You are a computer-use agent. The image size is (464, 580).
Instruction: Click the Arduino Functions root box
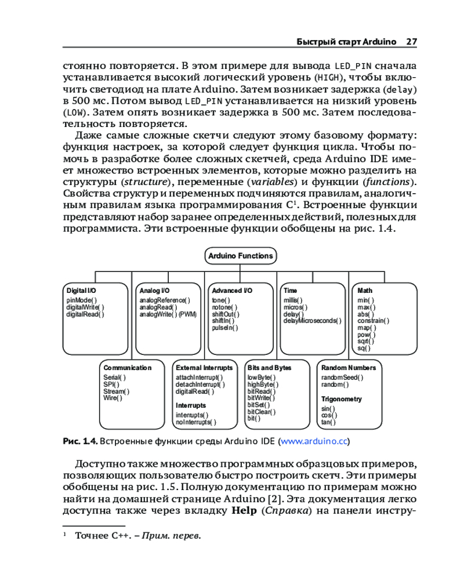(240, 256)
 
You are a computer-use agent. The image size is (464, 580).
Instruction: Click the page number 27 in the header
(411, 42)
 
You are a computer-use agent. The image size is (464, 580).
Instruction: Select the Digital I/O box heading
(81, 291)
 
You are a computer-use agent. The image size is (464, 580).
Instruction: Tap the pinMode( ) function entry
(82, 300)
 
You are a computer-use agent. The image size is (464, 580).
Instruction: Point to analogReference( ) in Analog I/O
(164, 300)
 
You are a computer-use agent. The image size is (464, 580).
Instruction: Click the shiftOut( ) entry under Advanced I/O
(226, 314)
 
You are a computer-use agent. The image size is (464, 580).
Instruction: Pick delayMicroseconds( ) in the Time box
(313, 321)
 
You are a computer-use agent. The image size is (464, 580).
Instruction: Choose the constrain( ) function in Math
(373, 321)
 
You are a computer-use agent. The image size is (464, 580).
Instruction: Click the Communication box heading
(128, 368)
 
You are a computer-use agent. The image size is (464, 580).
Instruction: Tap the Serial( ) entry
(114, 378)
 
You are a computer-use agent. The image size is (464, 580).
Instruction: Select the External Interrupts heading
(204, 368)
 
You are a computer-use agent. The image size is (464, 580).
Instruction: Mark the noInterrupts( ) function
(195, 422)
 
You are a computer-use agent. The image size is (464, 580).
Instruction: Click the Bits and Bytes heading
(270, 368)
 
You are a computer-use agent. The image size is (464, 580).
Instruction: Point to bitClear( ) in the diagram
(262, 412)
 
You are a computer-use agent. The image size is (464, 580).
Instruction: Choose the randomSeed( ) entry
(342, 378)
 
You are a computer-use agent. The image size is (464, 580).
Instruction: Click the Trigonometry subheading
(342, 399)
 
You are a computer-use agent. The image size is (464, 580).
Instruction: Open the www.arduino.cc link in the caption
(314, 441)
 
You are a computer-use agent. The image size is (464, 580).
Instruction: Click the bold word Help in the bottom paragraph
(244, 511)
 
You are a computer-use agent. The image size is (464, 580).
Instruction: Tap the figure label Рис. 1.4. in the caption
(80, 441)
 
